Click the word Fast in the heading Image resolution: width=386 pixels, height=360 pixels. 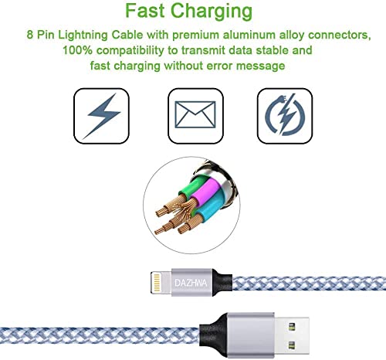point(145,11)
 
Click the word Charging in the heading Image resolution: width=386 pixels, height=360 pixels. point(212,12)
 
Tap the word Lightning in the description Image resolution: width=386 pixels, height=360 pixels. point(83,36)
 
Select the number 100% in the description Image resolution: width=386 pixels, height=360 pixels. point(77,50)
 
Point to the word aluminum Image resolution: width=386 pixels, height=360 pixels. point(249,35)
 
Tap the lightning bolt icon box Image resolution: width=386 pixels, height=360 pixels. point(101,116)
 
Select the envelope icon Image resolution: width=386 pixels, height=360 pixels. point(195,114)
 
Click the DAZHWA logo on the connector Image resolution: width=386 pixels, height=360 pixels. point(191,283)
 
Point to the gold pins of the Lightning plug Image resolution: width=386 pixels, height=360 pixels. point(156,283)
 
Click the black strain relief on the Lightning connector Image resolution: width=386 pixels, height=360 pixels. point(222,283)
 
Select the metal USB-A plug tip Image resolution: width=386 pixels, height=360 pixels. point(292,336)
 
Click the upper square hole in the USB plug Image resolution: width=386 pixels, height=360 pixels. point(291,328)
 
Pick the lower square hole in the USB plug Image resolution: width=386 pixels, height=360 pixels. point(291,345)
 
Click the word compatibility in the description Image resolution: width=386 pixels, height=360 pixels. point(130,50)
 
